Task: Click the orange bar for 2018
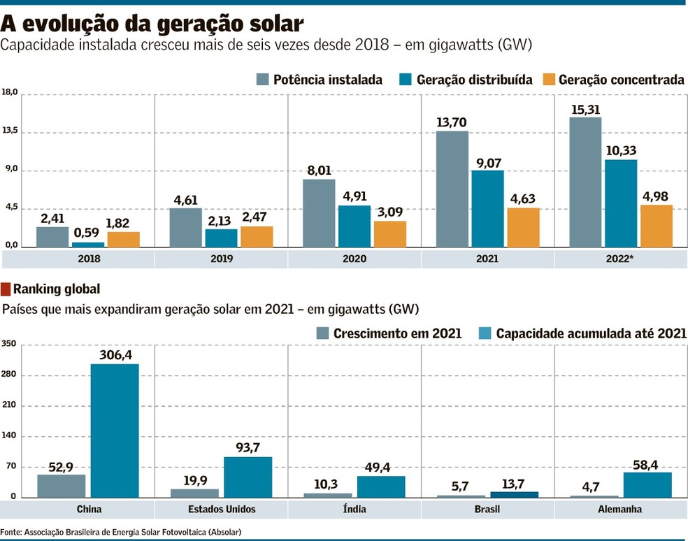124,239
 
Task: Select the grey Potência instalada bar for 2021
452,189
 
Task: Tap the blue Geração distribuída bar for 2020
354,226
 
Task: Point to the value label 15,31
585,110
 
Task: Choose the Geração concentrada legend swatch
548,80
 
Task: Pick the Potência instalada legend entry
320,80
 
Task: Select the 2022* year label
620,259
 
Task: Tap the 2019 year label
221,259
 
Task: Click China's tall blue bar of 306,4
115,430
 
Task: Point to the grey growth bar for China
62,486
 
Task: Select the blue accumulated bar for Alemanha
647,484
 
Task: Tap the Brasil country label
487,509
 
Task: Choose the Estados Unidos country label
222,509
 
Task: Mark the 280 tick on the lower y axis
8,375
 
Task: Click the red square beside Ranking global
6,289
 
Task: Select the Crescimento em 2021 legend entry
389,333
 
